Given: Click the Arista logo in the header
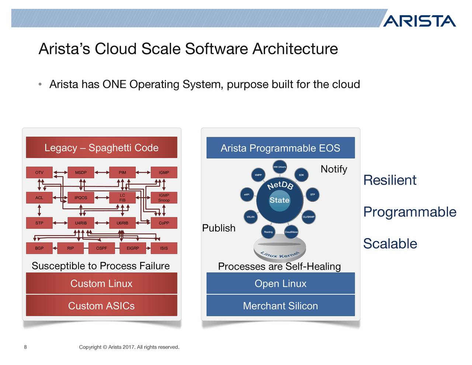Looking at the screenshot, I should click(x=419, y=21).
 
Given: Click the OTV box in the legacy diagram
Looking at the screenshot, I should click(x=39, y=172).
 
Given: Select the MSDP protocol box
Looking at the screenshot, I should click(x=81, y=172).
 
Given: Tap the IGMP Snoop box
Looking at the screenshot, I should click(x=164, y=198).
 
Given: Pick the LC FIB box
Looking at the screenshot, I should click(x=122, y=198).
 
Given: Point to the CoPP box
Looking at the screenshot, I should click(x=164, y=223).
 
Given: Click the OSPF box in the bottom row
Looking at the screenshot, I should click(x=101, y=248).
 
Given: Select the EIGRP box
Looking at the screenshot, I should click(x=133, y=248).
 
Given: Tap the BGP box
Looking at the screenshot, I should click(x=39, y=248).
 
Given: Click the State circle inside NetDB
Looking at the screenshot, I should click(x=280, y=200).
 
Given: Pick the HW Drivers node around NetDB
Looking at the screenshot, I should click(x=280, y=167).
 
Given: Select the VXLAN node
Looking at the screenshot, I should click(x=251, y=217).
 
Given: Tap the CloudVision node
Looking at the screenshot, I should click(x=291, y=232).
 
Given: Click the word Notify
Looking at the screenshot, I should click(x=334, y=169).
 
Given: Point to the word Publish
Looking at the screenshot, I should click(x=219, y=228).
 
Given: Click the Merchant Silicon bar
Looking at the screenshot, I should click(x=280, y=306).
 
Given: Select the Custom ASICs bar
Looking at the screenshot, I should click(x=101, y=306).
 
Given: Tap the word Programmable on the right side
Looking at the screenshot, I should click(x=410, y=212).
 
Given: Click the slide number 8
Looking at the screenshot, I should click(x=25, y=347).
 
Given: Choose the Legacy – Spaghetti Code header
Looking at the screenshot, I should click(x=101, y=148).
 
